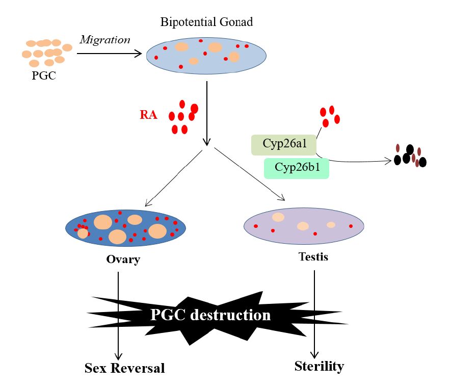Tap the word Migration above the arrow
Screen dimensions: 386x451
point(104,39)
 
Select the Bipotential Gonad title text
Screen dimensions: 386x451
point(206,22)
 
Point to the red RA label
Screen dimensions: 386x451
point(148,115)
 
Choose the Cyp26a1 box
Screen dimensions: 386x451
point(284,144)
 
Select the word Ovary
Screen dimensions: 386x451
point(123,260)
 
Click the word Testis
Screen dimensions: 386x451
point(313,256)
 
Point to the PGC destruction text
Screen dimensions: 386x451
point(210,315)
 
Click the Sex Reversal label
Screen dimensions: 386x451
point(125,368)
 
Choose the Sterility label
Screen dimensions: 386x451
point(319,366)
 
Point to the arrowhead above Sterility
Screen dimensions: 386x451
point(314,354)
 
